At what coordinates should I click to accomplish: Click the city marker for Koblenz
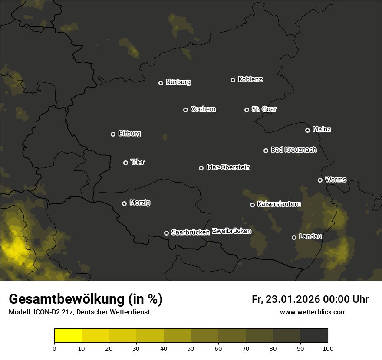click(x=233, y=80)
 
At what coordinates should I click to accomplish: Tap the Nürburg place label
click(x=178, y=82)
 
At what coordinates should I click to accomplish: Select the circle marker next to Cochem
click(x=185, y=110)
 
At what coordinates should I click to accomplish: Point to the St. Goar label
click(x=264, y=109)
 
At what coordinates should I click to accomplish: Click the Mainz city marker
click(x=307, y=130)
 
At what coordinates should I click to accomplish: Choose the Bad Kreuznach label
click(x=293, y=150)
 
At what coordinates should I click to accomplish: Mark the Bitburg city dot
click(x=113, y=134)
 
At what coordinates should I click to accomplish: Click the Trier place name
click(x=138, y=162)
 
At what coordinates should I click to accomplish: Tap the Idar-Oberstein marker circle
click(x=201, y=168)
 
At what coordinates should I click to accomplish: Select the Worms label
click(x=336, y=179)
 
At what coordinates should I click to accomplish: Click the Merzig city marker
click(x=124, y=203)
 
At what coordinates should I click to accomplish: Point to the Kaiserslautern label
click(x=279, y=204)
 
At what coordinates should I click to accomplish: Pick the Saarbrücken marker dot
click(x=166, y=233)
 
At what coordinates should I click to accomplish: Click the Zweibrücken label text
click(x=231, y=231)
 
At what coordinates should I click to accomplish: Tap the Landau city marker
click(x=294, y=237)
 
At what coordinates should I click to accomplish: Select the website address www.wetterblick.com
click(x=313, y=312)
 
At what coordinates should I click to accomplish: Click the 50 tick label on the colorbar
click(x=191, y=348)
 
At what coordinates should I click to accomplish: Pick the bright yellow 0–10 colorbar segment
click(x=68, y=336)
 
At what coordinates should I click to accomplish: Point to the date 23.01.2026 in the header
click(x=293, y=299)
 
